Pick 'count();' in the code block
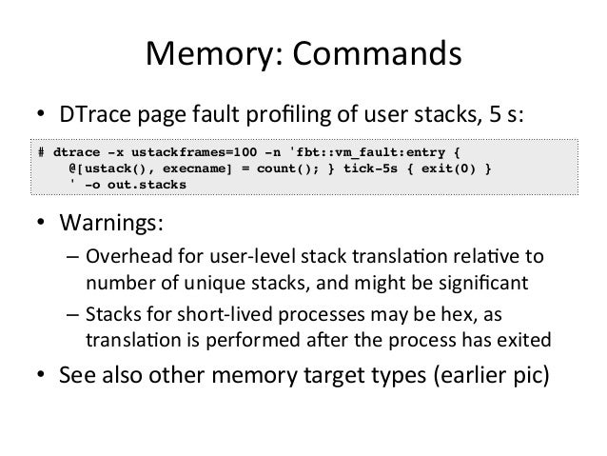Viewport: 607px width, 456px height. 276,167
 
